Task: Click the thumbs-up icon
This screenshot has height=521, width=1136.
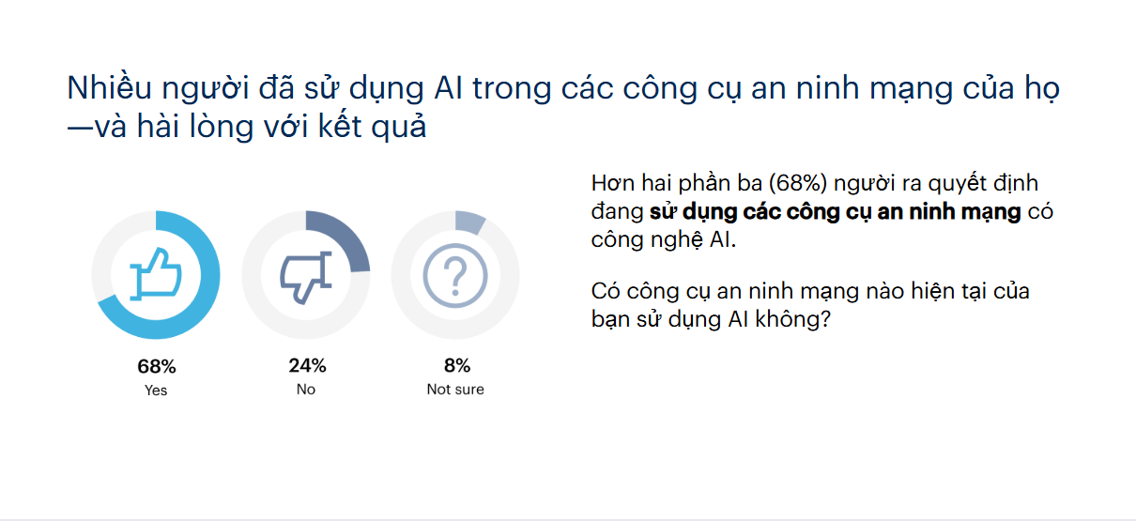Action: tap(156, 274)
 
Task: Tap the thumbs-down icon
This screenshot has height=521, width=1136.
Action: tap(306, 277)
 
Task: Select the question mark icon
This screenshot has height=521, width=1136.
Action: tap(455, 275)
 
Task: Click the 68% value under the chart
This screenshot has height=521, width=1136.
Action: tap(157, 366)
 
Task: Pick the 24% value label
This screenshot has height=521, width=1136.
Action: tap(307, 365)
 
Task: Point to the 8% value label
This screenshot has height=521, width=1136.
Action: tap(457, 365)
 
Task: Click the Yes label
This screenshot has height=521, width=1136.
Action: tap(156, 391)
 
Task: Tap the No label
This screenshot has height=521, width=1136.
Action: tap(306, 389)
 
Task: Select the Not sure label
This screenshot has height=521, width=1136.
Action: tap(455, 389)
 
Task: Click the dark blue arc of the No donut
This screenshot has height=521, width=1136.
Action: tap(348, 236)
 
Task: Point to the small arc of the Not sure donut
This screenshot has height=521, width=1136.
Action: tap(469, 222)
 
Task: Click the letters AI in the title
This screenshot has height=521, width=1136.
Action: tap(449, 88)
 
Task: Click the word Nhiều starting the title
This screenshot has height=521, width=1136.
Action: tap(109, 87)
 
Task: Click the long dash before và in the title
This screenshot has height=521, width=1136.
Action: tap(80, 129)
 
